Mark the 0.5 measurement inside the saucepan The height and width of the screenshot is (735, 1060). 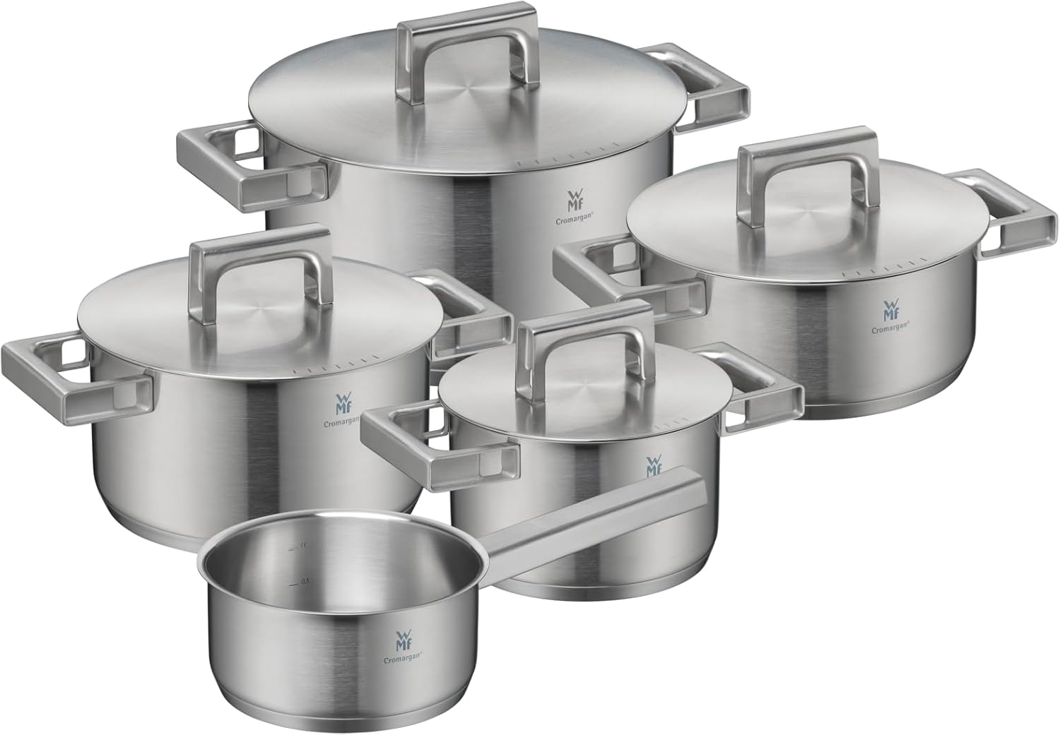point(305,581)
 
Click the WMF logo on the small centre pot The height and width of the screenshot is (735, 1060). point(654,466)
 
